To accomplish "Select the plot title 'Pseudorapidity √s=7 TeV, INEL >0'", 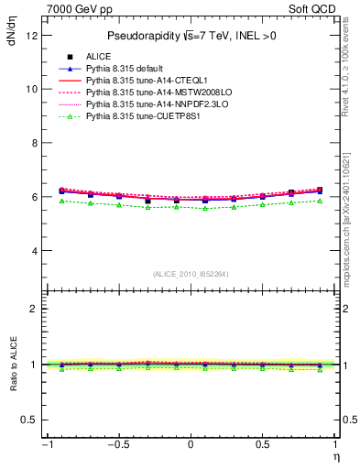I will tap(191, 36).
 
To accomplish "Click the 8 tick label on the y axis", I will tap(33, 143).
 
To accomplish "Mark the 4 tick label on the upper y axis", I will tap(33, 251).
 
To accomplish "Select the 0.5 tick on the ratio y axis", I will tap(28, 420).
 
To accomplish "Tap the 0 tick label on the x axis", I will tap(191, 444).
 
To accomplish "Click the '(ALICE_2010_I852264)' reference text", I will tap(191, 274).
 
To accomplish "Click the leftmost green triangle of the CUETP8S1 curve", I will tap(62, 201).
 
